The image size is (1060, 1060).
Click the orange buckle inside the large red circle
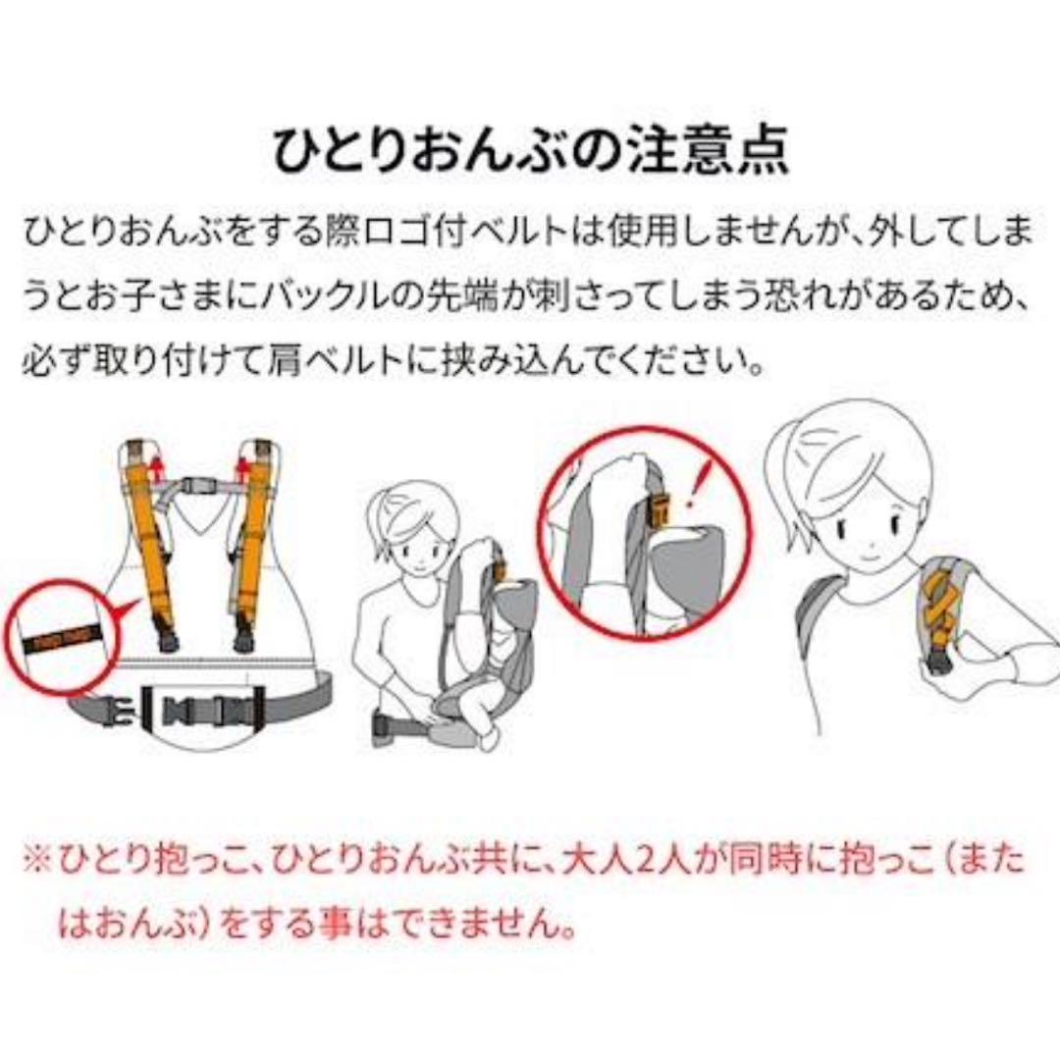pos(660,511)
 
